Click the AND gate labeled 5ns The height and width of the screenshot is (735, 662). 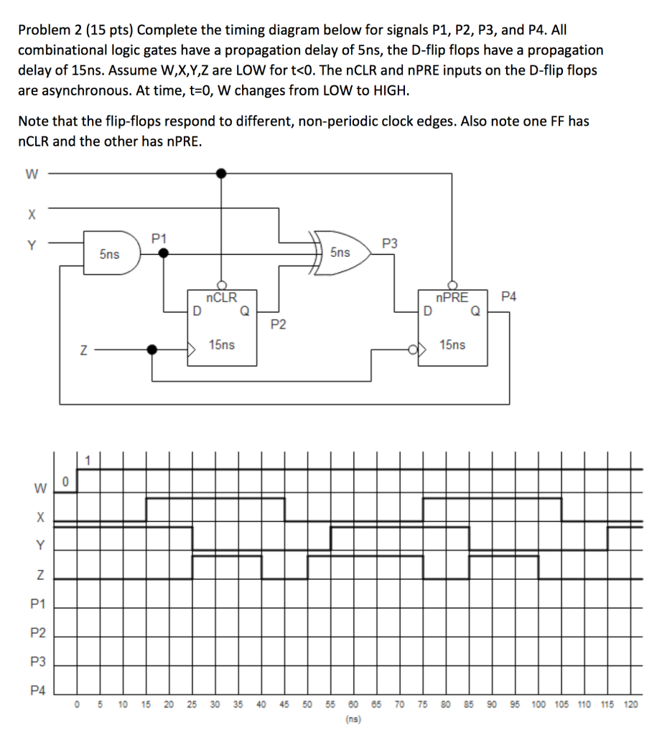point(111,253)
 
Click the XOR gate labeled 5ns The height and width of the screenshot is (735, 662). point(341,253)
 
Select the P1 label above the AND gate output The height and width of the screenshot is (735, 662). point(159,238)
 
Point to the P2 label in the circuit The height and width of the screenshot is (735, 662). point(279,325)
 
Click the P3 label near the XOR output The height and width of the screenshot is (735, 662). point(388,243)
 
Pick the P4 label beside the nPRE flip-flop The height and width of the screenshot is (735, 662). point(508,296)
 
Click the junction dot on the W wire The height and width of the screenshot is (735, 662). point(222,173)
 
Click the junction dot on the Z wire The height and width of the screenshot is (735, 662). point(151,350)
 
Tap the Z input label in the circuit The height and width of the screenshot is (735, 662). point(84,350)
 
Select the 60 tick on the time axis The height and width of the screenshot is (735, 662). point(353,705)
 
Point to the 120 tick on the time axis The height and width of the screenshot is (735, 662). point(630,705)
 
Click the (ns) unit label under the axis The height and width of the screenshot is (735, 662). point(353,718)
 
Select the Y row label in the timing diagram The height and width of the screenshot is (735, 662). point(41,546)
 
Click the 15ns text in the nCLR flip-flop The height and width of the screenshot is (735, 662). point(222,345)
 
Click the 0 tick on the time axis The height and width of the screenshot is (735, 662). point(78,705)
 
